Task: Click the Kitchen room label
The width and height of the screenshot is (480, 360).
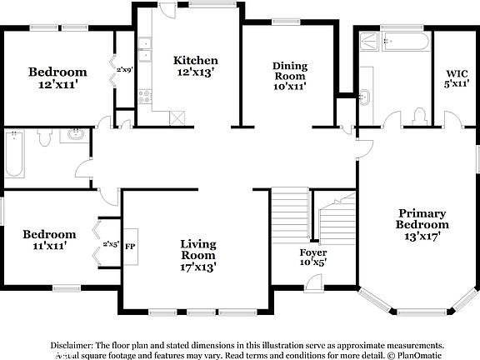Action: (196, 67)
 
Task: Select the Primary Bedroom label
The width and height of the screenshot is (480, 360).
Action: (422, 224)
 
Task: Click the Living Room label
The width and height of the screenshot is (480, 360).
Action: (198, 255)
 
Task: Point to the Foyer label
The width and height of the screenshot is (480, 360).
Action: (313, 257)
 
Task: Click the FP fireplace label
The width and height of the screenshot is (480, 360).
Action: (130, 247)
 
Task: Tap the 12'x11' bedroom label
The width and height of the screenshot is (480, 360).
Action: (57, 78)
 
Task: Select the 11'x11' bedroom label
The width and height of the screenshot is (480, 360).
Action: (49, 240)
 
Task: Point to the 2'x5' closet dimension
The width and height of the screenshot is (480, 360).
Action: (110, 245)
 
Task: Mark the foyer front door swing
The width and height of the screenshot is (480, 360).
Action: (314, 284)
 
